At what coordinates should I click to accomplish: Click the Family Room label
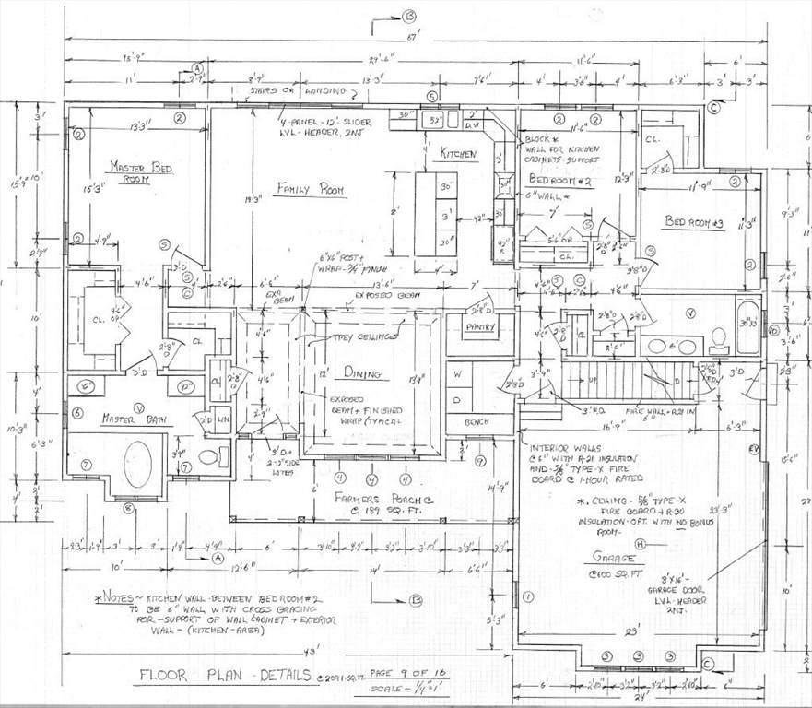pos(311,189)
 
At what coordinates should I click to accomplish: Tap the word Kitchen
pos(458,154)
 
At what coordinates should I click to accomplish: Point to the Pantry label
pos(480,327)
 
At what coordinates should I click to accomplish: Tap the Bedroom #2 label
pos(559,182)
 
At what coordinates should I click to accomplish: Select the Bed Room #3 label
pos(696,222)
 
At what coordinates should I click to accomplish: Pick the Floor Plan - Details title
pos(225,674)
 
